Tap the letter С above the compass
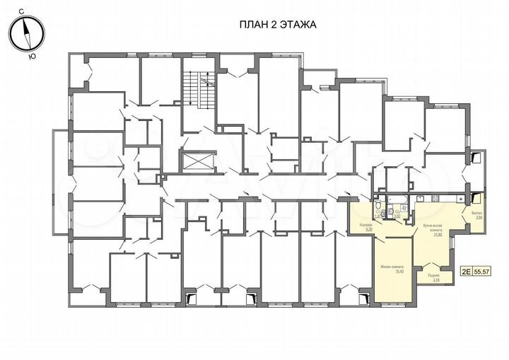point(23,12)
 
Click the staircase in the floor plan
point(197,89)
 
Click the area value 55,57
point(483,270)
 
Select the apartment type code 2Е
point(466,270)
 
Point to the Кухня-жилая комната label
point(433,228)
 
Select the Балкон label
point(479,214)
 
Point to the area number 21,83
point(438,235)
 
